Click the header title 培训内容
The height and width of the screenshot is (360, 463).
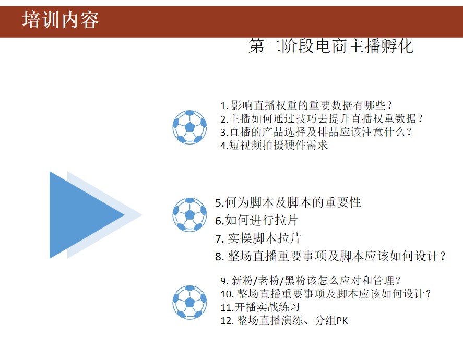(61, 20)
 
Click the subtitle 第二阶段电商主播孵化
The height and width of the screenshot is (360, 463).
(331, 46)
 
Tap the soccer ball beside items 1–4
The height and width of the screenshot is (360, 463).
(189, 127)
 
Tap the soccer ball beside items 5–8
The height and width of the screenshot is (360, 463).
(189, 214)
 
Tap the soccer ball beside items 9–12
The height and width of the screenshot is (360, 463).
(189, 302)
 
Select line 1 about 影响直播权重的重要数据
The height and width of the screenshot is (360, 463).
(306, 105)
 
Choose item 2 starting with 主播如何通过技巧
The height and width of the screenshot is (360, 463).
(321, 118)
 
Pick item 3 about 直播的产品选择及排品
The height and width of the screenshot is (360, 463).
(316, 132)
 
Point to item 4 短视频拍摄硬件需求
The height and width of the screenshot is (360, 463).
(274, 146)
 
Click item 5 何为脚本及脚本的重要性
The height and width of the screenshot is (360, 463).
(288, 202)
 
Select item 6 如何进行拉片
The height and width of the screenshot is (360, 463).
(257, 220)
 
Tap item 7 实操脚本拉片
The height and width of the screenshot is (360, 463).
(258, 238)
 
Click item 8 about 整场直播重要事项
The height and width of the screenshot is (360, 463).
(331, 256)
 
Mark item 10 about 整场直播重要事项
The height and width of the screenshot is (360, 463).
(326, 294)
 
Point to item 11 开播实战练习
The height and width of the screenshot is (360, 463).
(260, 307)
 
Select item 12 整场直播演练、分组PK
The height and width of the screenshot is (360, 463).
(284, 320)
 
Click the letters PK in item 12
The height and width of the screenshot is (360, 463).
(341, 321)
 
